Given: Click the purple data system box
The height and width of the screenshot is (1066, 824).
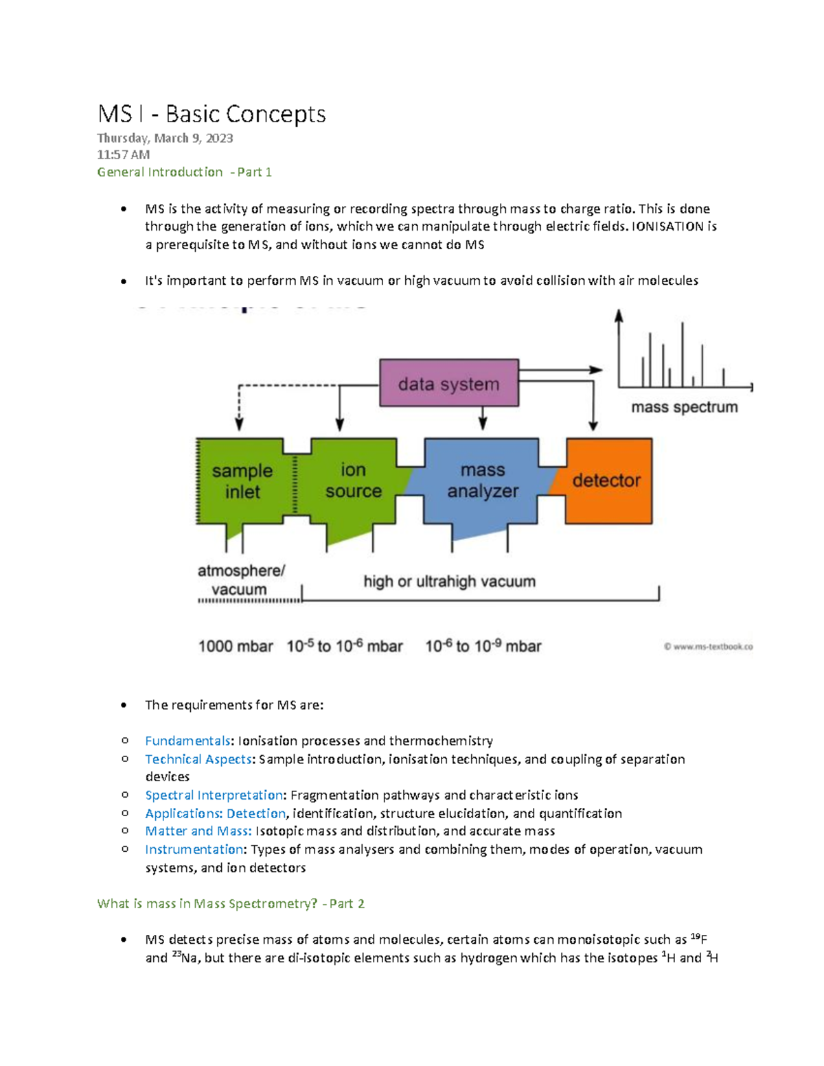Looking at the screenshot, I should click(x=448, y=383).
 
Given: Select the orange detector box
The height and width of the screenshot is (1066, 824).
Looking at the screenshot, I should click(x=608, y=480).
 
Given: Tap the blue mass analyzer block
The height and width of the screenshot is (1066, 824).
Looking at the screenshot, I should click(x=482, y=480).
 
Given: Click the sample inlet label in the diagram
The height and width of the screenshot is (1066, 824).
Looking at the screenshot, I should click(x=242, y=481).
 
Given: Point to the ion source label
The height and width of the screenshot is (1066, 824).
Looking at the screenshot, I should click(x=353, y=480).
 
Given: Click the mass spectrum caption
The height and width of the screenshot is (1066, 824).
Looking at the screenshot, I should click(x=684, y=407).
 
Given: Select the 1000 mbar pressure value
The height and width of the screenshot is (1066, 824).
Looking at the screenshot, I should click(x=236, y=647).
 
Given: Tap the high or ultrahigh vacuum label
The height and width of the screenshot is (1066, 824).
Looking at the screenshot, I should click(x=449, y=581).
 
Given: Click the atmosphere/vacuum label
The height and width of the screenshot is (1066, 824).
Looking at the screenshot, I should click(x=241, y=580).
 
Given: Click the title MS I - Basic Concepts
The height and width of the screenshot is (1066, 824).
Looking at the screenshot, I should click(x=211, y=114).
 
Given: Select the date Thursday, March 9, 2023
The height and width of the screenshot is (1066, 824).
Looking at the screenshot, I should click(x=165, y=138).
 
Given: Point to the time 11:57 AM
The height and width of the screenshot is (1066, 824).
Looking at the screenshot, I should click(x=123, y=154).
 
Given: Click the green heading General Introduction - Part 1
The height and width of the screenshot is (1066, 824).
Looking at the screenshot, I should click(x=184, y=172).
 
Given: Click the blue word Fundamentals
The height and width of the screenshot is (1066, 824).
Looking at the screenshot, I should click(x=187, y=741).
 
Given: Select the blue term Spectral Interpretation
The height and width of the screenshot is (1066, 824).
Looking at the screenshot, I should click(x=214, y=795).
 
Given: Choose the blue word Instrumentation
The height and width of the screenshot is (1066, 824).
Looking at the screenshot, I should click(x=194, y=849).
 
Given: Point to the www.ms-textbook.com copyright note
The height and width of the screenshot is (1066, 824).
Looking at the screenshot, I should click(x=708, y=647).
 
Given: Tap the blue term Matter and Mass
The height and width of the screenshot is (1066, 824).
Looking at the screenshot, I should click(x=198, y=831).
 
